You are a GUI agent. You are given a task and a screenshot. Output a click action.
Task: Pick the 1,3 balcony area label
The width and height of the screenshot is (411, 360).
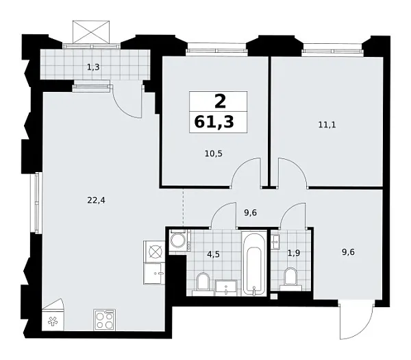(92, 67)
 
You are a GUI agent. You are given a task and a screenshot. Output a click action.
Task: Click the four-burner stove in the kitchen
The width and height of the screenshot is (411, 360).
(105, 319)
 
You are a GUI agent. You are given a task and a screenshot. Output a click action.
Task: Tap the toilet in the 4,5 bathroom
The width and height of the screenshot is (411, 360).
(203, 283)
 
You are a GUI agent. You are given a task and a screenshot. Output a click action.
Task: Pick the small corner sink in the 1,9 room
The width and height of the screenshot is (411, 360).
(276, 241)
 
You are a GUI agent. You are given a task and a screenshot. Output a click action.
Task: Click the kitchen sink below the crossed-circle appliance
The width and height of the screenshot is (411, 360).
(155, 272)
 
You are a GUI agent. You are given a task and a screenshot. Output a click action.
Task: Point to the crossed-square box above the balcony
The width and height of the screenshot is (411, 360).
(91, 31)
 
